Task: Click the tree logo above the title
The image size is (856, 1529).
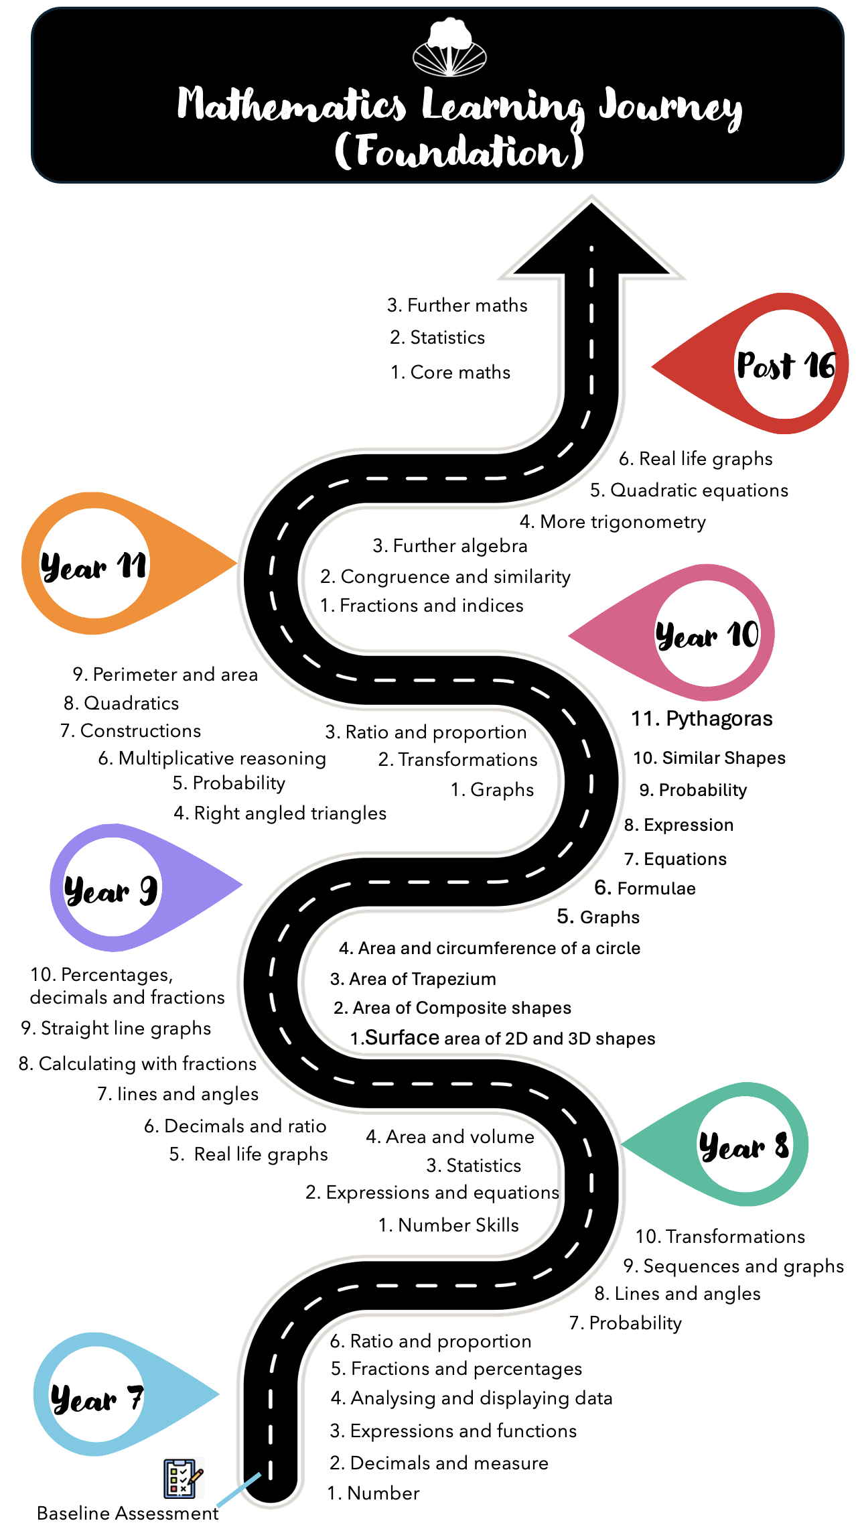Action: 449,48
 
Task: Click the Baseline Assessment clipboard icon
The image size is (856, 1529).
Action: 182,1478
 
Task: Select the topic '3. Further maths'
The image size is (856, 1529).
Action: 457,306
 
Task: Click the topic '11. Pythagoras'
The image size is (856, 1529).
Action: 702,719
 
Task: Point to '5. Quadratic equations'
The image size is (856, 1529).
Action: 689,490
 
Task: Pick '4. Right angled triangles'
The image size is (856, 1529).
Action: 280,813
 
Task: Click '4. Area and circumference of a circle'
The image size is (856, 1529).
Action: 490,948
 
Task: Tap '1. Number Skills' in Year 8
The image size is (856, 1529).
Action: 449,1225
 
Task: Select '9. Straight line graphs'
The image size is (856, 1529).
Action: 116,1028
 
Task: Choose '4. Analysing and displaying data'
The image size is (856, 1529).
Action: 472,1398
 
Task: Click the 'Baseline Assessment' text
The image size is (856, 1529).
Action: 128,1513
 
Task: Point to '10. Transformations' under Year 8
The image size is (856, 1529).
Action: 720,1236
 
